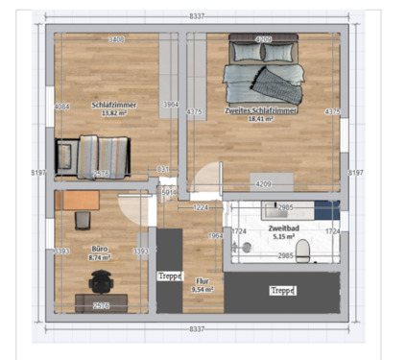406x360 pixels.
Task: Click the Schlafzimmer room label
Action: click(x=114, y=105)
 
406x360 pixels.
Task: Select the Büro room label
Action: click(x=98, y=248)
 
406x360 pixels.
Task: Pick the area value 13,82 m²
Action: click(x=114, y=113)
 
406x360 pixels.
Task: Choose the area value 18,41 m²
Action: click(x=261, y=120)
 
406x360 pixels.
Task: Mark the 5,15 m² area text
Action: click(x=285, y=236)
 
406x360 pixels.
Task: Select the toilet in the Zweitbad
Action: click(x=303, y=252)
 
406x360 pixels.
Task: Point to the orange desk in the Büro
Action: click(x=77, y=200)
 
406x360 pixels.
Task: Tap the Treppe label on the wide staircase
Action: click(x=282, y=290)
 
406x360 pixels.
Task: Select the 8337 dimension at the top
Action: click(x=197, y=16)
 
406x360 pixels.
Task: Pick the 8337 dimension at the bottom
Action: click(x=197, y=328)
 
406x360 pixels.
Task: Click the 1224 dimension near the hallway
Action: click(x=201, y=207)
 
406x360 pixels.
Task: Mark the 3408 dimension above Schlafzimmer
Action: click(x=115, y=39)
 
